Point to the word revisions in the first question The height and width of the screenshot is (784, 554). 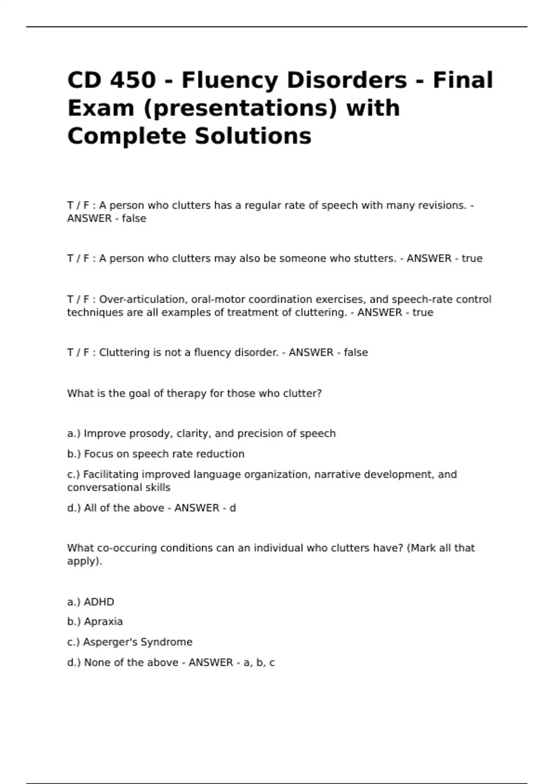pyautogui.click(x=442, y=205)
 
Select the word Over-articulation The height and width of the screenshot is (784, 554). pyautogui.click(x=142, y=299)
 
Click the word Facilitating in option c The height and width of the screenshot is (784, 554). pyautogui.click(x=111, y=474)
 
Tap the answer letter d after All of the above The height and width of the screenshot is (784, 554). pyautogui.click(x=233, y=508)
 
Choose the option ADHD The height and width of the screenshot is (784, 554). pyautogui.click(x=99, y=602)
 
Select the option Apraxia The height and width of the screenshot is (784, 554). pyautogui.click(x=103, y=622)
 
